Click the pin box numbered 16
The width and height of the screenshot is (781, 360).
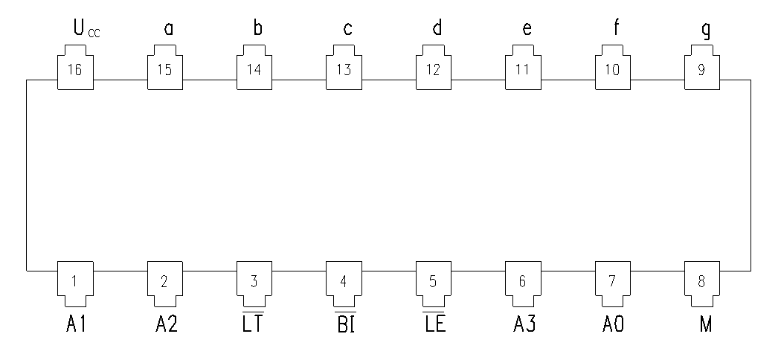(75, 67)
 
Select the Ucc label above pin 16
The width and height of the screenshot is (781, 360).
(87, 28)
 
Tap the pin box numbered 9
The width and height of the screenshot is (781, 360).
(702, 67)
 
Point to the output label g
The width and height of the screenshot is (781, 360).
(706, 30)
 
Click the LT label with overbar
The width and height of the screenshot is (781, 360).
(253, 321)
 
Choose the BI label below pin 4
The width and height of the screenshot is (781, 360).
(344, 321)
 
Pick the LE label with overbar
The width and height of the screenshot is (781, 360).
(434, 321)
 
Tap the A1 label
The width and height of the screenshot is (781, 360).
(76, 324)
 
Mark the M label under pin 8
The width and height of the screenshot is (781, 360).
(706, 324)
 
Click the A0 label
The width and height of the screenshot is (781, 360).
(613, 324)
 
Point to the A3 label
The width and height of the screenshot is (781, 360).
(524, 324)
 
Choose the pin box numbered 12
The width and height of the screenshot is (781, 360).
(434, 67)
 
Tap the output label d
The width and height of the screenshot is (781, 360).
(437, 28)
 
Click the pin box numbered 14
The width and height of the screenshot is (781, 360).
(254, 67)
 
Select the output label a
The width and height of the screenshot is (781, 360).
(169, 29)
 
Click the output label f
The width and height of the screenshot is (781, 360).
(616, 28)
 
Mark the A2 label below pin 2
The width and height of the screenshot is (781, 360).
(167, 324)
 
